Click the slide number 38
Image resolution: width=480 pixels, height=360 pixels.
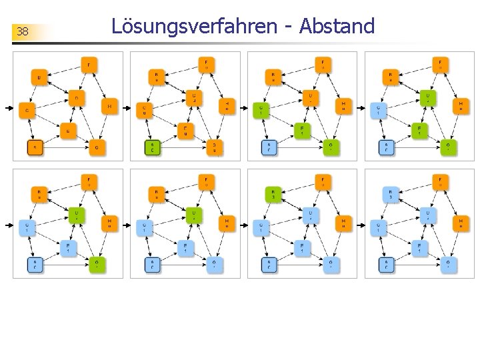[23, 32]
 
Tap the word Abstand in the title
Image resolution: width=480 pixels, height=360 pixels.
[337, 26]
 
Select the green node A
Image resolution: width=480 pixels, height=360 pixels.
[152, 147]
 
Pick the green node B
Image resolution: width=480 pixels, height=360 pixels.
[272, 194]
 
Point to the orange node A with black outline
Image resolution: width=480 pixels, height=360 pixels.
[35, 147]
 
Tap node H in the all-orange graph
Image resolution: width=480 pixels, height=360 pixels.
[109, 105]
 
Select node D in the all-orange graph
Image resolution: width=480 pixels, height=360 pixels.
[77, 99]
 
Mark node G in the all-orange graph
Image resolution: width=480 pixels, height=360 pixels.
[97, 147]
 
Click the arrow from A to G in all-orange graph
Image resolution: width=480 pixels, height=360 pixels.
[66, 147]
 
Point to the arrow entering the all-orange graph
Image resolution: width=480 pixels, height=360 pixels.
[9, 107]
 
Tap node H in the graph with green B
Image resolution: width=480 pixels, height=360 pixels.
[343, 223]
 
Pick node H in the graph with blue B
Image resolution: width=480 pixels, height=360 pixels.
[461, 223]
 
